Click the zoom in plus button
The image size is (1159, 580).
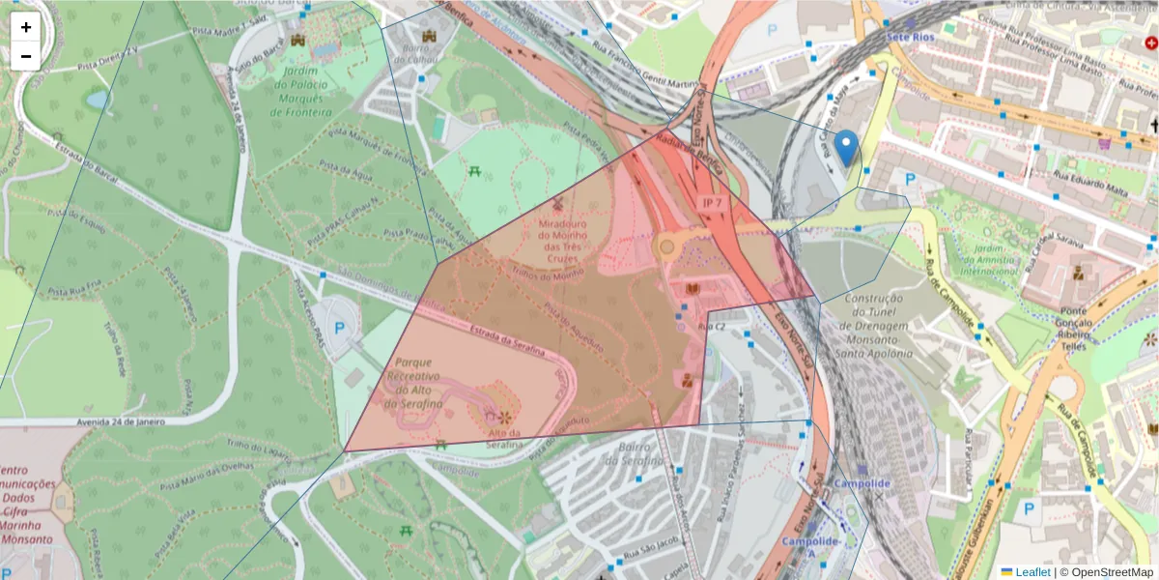26,27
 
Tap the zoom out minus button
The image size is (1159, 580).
26,56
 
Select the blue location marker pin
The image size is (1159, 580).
846,149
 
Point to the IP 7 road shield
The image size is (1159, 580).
713,203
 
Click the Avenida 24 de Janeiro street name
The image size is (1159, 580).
108,421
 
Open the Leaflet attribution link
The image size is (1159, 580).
1032,572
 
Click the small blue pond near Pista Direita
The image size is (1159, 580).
98,100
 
